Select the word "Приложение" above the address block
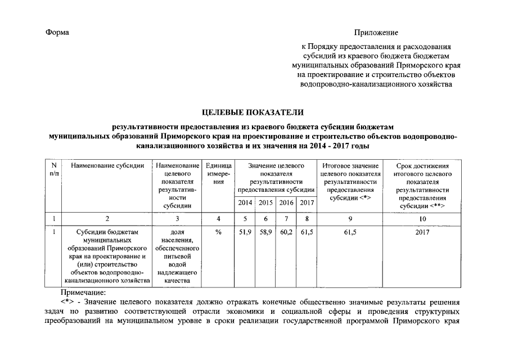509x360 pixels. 376,33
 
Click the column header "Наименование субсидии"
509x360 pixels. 107,166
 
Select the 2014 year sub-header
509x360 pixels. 245,202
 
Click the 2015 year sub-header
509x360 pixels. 265,202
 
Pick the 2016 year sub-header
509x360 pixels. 286,202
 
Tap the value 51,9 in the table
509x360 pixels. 245,232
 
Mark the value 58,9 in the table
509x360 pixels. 265,232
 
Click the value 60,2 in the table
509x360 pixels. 286,232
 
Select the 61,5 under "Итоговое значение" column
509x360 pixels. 350,232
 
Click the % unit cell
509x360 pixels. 215,232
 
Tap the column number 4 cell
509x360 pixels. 215,218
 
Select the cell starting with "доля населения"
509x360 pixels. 177,256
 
